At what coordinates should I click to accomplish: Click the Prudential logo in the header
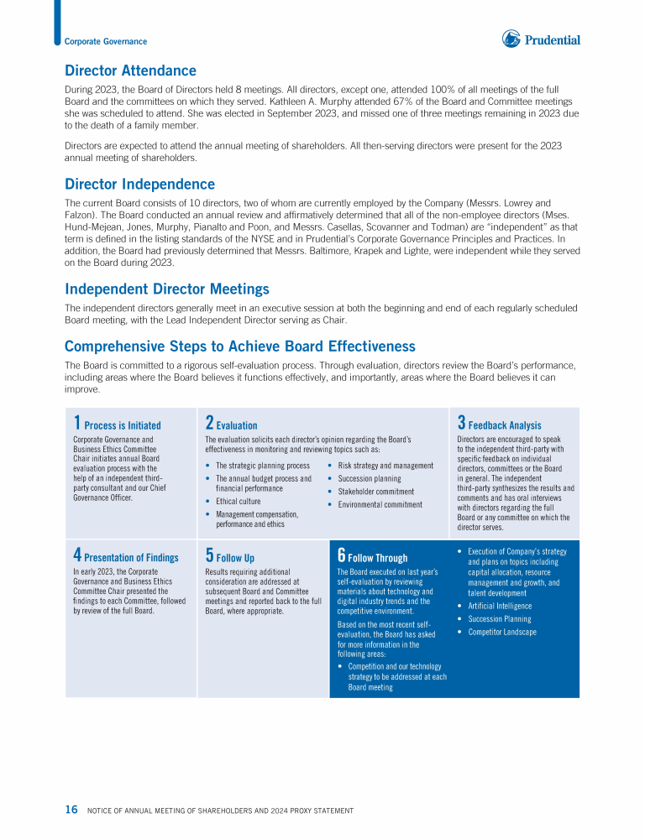542,39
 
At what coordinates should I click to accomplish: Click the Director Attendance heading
130,71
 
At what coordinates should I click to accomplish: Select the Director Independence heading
139,185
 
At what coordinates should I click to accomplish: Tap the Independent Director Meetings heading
166,289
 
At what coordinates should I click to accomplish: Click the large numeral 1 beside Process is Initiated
76,423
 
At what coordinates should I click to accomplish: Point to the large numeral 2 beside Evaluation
209,423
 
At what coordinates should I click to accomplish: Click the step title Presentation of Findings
131,558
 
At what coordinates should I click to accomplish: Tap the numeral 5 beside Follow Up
209,555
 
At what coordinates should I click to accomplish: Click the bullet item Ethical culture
238,502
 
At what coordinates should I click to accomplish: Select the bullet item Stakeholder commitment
375,492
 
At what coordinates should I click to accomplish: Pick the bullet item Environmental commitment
380,505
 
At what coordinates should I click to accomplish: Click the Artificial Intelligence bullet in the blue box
500,606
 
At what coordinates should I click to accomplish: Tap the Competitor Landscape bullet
501,632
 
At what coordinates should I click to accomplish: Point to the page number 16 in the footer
71,810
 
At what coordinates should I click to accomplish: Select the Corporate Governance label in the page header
106,41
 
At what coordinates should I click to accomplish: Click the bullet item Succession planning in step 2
370,478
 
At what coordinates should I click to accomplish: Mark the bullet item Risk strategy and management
385,466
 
